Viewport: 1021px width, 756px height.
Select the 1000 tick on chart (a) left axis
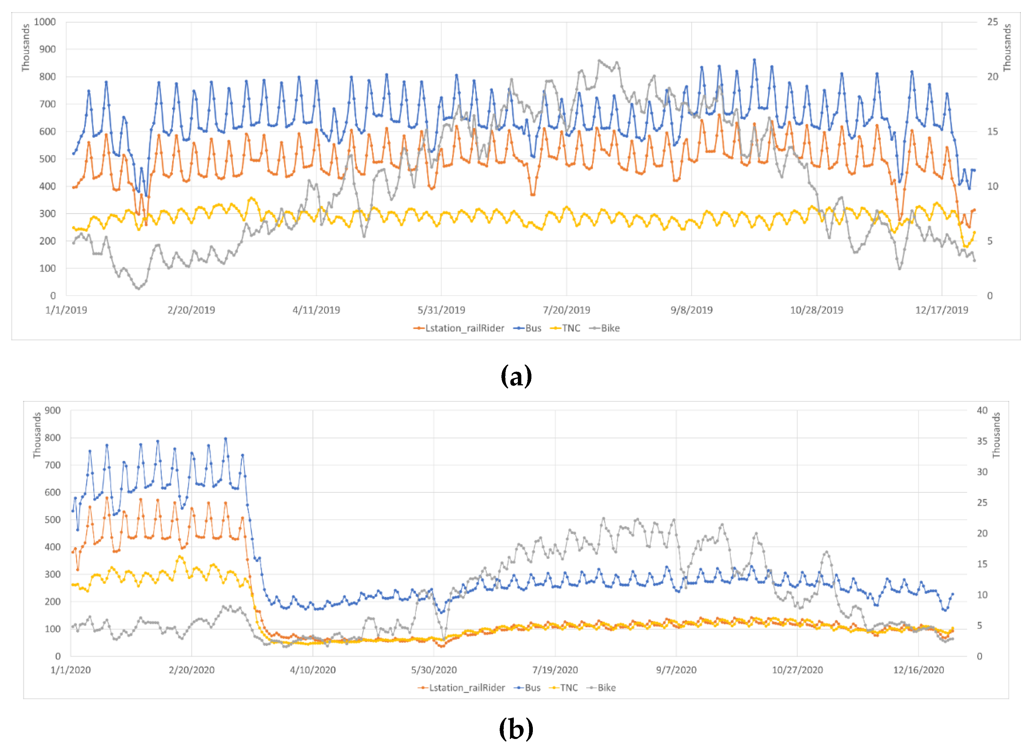[x=44, y=22]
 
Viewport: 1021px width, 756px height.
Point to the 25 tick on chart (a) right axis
[x=992, y=22]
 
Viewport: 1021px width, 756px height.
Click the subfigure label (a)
[x=516, y=376]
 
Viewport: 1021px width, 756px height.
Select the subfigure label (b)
[x=516, y=729]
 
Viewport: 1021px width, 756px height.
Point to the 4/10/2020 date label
[x=312, y=670]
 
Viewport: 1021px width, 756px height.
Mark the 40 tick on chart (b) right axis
[x=982, y=410]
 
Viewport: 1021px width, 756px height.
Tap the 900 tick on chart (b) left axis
[x=53, y=410]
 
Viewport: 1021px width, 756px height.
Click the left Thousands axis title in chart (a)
[x=26, y=48]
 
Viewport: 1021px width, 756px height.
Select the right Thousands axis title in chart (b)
[x=996, y=435]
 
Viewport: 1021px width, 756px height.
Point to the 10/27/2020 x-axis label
[x=797, y=670]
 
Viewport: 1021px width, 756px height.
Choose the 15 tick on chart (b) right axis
[x=982, y=564]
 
